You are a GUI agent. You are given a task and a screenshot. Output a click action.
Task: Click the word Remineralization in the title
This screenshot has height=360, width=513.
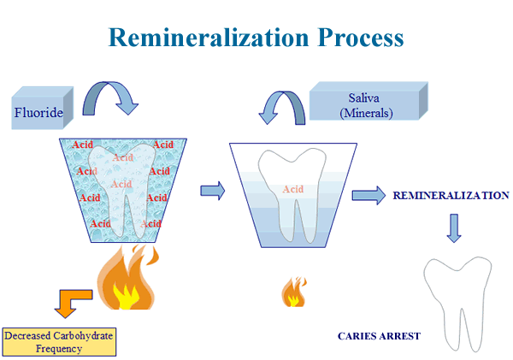click(209, 38)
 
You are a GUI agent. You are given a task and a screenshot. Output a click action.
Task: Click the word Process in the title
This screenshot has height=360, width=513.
click(361, 38)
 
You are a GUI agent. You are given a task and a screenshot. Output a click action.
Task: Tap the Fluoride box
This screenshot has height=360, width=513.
click(42, 108)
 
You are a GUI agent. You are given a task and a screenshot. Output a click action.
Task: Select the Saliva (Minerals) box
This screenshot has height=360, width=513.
click(369, 101)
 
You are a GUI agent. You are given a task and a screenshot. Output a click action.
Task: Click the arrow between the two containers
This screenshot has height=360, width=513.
click(213, 191)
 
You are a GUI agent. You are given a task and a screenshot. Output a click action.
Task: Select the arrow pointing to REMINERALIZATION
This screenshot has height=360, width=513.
click(369, 195)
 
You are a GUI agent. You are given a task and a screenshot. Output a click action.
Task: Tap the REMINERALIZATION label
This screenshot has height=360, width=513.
click(451, 195)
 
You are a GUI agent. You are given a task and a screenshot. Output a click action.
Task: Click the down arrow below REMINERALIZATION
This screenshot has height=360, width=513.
click(454, 228)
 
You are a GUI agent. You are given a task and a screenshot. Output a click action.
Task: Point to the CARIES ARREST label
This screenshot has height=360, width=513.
click(379, 336)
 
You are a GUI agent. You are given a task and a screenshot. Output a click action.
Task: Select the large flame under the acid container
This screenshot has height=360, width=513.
click(127, 278)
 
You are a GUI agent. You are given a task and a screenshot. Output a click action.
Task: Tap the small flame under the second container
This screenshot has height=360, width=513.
click(294, 292)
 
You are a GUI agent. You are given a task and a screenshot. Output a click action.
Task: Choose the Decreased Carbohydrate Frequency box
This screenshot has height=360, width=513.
click(59, 342)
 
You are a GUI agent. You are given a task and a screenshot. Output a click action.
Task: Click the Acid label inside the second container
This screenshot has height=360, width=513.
click(292, 189)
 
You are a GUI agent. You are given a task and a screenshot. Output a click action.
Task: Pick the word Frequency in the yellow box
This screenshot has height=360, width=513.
click(59, 349)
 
